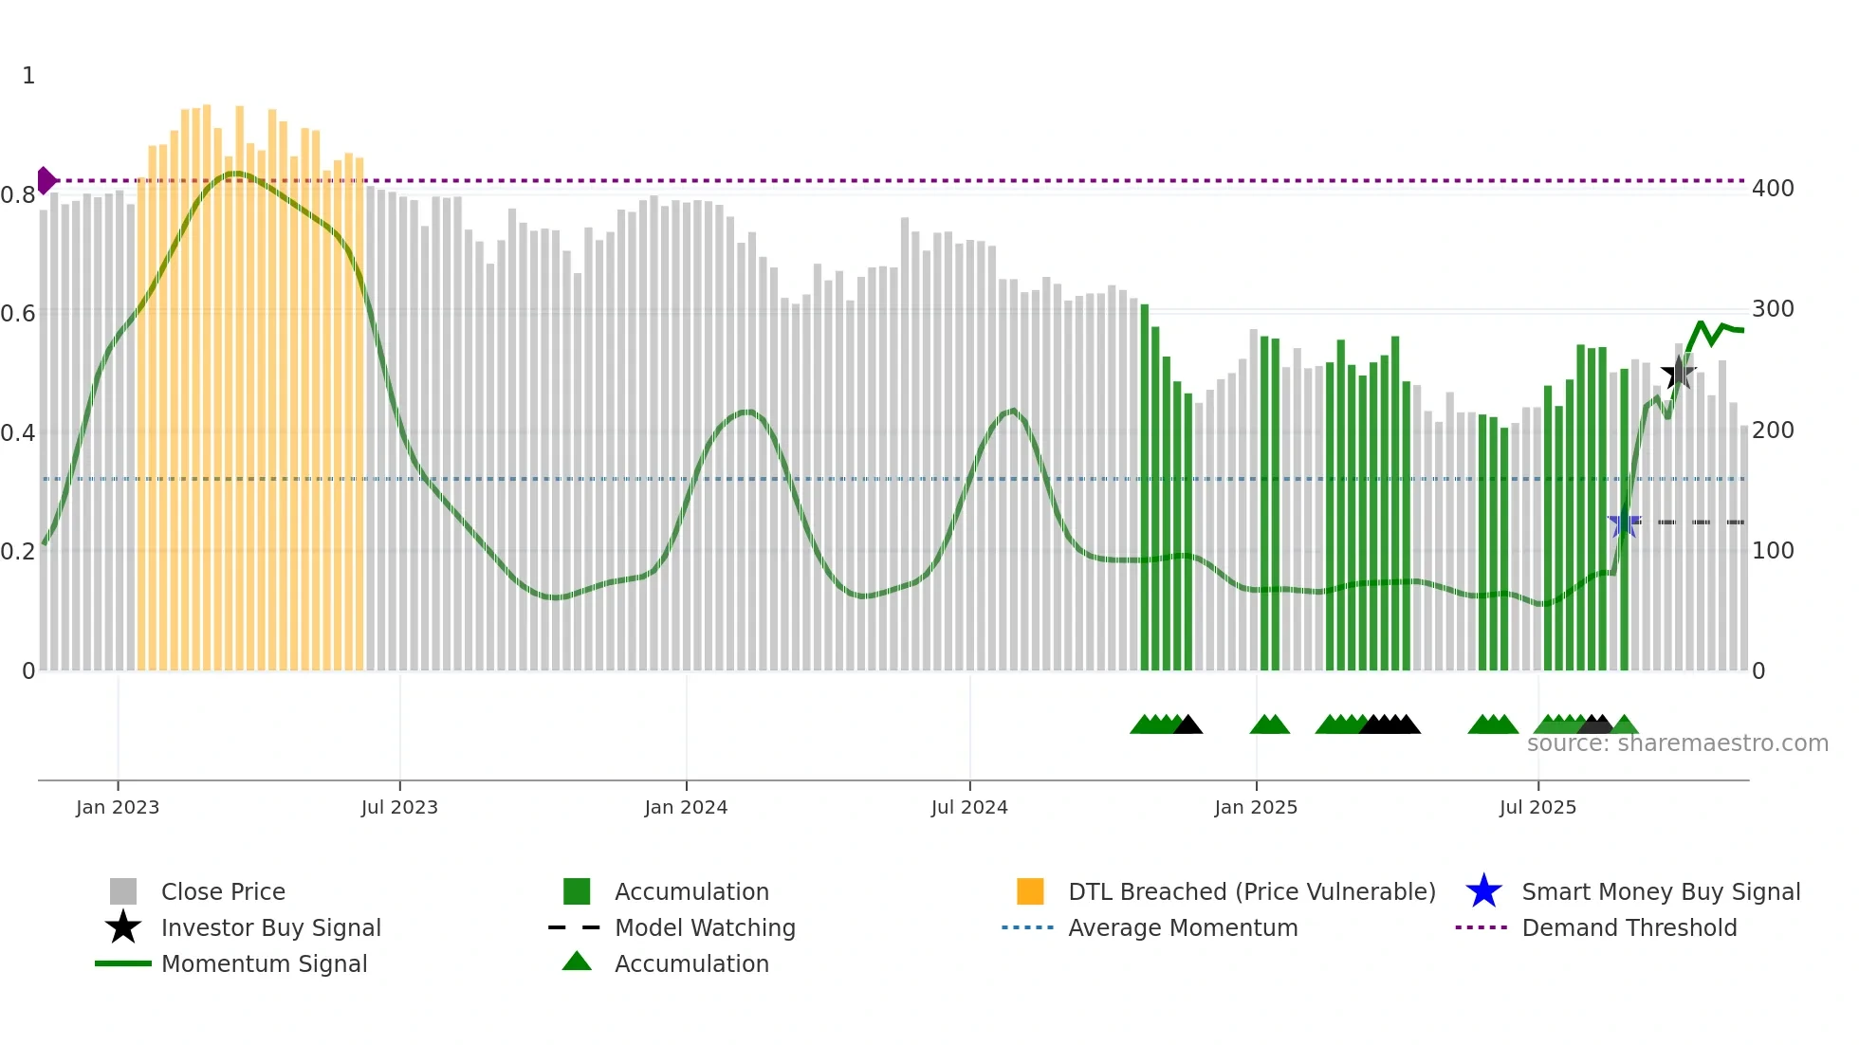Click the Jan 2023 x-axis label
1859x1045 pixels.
(x=118, y=807)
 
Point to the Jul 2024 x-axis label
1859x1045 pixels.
(x=969, y=807)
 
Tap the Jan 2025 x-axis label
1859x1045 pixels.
(x=1256, y=807)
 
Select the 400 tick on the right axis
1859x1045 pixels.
(x=1773, y=189)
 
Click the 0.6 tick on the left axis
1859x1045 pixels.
(x=18, y=314)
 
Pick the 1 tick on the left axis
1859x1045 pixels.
(x=28, y=76)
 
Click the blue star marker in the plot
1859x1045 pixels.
(x=1624, y=522)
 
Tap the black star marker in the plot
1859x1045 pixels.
(x=1679, y=373)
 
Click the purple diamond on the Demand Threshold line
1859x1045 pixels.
(x=46, y=180)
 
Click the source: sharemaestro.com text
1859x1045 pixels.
(x=1677, y=743)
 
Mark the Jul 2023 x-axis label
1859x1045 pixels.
(x=399, y=807)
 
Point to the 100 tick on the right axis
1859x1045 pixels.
(x=1773, y=551)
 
